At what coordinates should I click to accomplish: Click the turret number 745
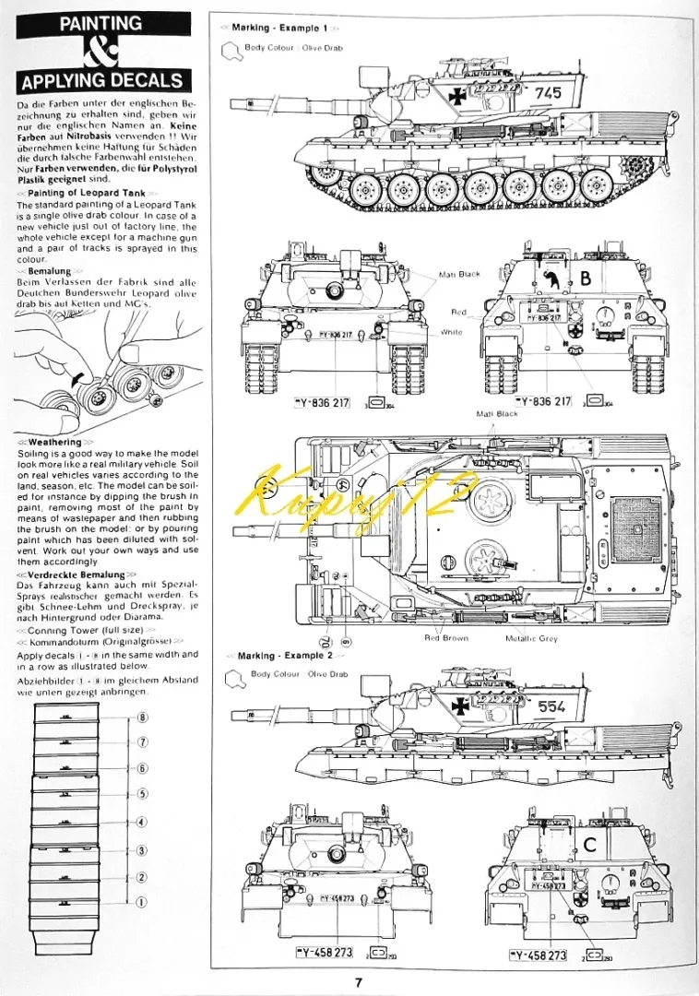click(547, 92)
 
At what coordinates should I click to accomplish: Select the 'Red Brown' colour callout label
click(445, 638)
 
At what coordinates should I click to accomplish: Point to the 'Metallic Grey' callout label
click(531, 638)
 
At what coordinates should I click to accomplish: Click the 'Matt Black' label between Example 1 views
click(459, 274)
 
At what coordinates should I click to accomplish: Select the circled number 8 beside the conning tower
click(142, 717)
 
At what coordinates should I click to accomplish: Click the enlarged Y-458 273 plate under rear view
click(534, 955)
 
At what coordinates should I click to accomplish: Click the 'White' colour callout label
click(452, 331)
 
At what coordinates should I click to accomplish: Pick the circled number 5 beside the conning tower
click(142, 794)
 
